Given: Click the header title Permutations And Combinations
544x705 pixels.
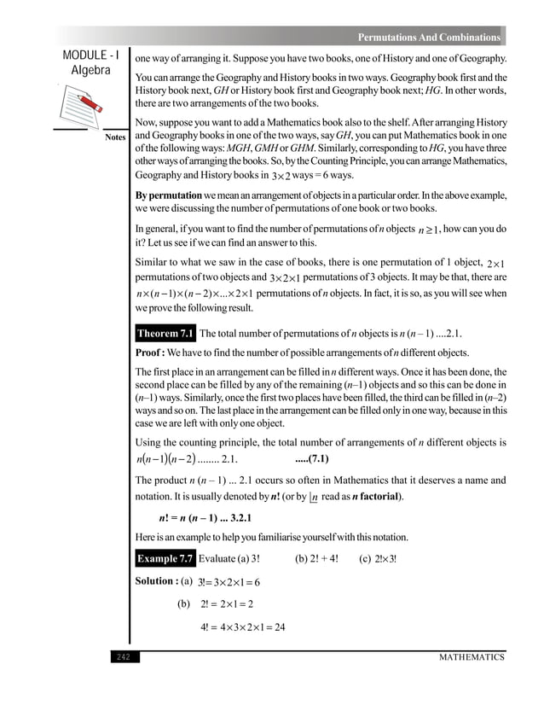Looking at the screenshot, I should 428,38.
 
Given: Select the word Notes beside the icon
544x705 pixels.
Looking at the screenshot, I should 115,137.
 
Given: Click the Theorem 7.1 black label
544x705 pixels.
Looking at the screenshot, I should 165,333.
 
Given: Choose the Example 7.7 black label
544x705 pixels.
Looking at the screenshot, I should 165,559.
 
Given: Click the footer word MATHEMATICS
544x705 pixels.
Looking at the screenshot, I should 472,657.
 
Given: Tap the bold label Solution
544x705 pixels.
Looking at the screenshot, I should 156,581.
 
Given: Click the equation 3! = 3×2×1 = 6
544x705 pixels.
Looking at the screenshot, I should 228,582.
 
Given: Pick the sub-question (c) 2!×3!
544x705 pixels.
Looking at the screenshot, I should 379,559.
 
